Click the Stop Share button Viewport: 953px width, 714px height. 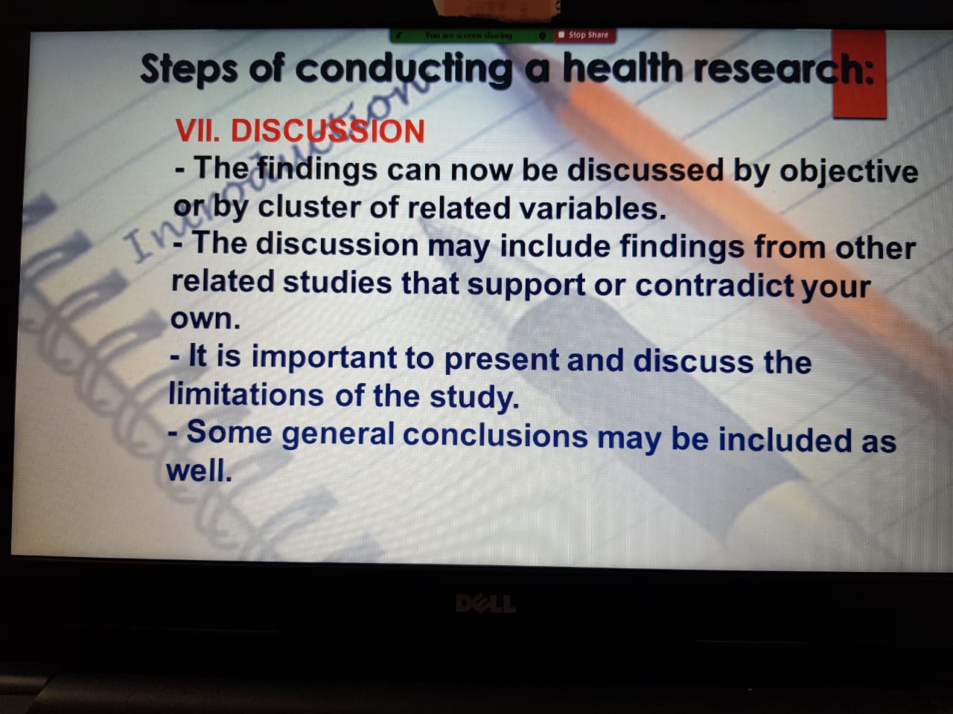coord(584,35)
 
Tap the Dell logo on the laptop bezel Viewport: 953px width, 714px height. coord(485,603)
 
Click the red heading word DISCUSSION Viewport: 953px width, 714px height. coord(328,131)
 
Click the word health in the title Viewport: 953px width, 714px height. coord(623,68)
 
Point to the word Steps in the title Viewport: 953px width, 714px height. coord(189,69)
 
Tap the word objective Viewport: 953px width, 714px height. coord(848,172)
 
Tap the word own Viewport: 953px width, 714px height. coord(205,320)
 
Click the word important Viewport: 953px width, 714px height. coord(325,358)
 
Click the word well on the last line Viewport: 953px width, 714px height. coord(199,471)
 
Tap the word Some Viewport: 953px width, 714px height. coord(229,432)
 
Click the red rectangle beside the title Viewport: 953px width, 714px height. coord(858,74)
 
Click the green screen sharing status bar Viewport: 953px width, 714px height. coord(472,36)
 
